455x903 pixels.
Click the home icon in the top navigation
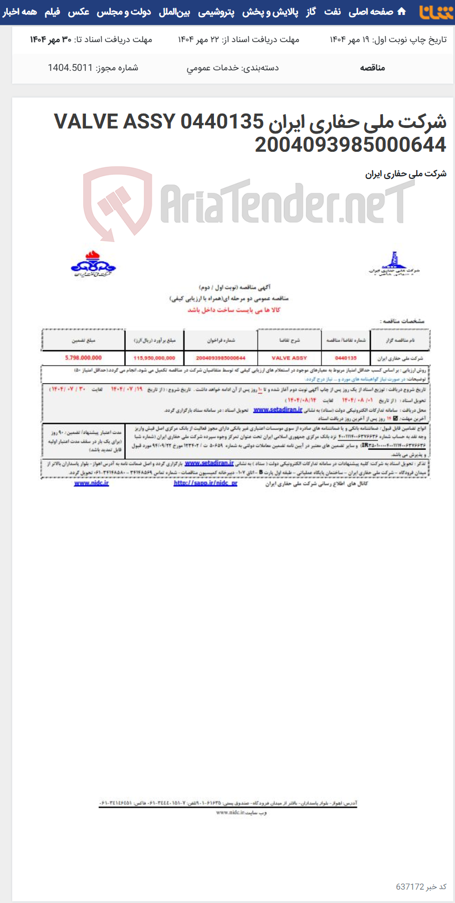click(x=402, y=12)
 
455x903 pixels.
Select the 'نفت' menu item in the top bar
click(x=333, y=12)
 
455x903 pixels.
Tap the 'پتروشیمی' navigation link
click(x=216, y=12)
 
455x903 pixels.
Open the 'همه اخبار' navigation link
click(x=19, y=12)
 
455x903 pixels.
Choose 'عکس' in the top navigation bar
click(x=79, y=12)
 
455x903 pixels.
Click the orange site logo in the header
click(x=436, y=12)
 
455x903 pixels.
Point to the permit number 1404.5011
click(x=70, y=68)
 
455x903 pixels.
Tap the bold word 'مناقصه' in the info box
click(x=372, y=68)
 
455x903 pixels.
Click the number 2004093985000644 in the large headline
click(x=350, y=145)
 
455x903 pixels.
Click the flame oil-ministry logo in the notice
click(x=93, y=264)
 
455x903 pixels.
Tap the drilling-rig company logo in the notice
click(x=394, y=264)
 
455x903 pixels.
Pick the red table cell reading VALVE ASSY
click(x=289, y=358)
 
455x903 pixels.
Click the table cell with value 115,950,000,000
click(x=154, y=358)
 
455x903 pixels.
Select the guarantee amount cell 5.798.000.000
click(x=83, y=358)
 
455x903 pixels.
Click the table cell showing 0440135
click(x=346, y=358)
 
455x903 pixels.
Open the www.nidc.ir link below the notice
click(x=91, y=483)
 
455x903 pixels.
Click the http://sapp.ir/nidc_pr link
click(x=206, y=483)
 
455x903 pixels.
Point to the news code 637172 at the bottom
click(x=410, y=887)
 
